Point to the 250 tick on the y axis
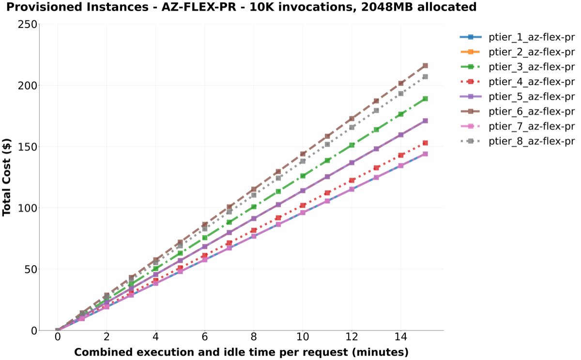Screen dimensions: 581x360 (x=27, y=24)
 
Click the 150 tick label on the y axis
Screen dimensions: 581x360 (x=27, y=147)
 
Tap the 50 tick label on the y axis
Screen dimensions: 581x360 (x=31, y=270)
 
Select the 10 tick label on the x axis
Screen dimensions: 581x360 (x=303, y=337)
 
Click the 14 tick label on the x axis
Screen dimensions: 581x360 (x=400, y=337)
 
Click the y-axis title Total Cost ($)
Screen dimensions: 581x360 (x=6, y=177)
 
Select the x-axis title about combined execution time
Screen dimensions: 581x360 (x=241, y=352)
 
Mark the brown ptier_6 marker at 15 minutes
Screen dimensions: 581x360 (x=425, y=66)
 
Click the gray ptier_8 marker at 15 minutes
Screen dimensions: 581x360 (x=425, y=77)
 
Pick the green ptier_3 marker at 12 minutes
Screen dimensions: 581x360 (x=352, y=145)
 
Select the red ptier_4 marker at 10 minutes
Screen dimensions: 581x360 (x=303, y=205)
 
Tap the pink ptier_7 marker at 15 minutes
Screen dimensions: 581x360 (x=425, y=154)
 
